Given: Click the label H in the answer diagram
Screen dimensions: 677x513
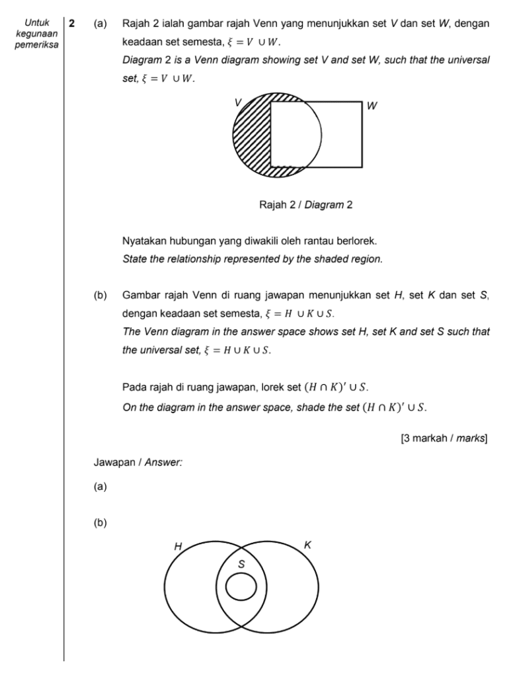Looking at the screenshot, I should (x=178, y=546).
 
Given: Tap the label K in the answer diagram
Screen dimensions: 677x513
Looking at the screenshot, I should (x=307, y=545).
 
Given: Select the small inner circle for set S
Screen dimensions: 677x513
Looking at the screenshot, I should (x=241, y=586).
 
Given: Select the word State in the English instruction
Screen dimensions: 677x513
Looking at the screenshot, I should (x=134, y=260).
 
